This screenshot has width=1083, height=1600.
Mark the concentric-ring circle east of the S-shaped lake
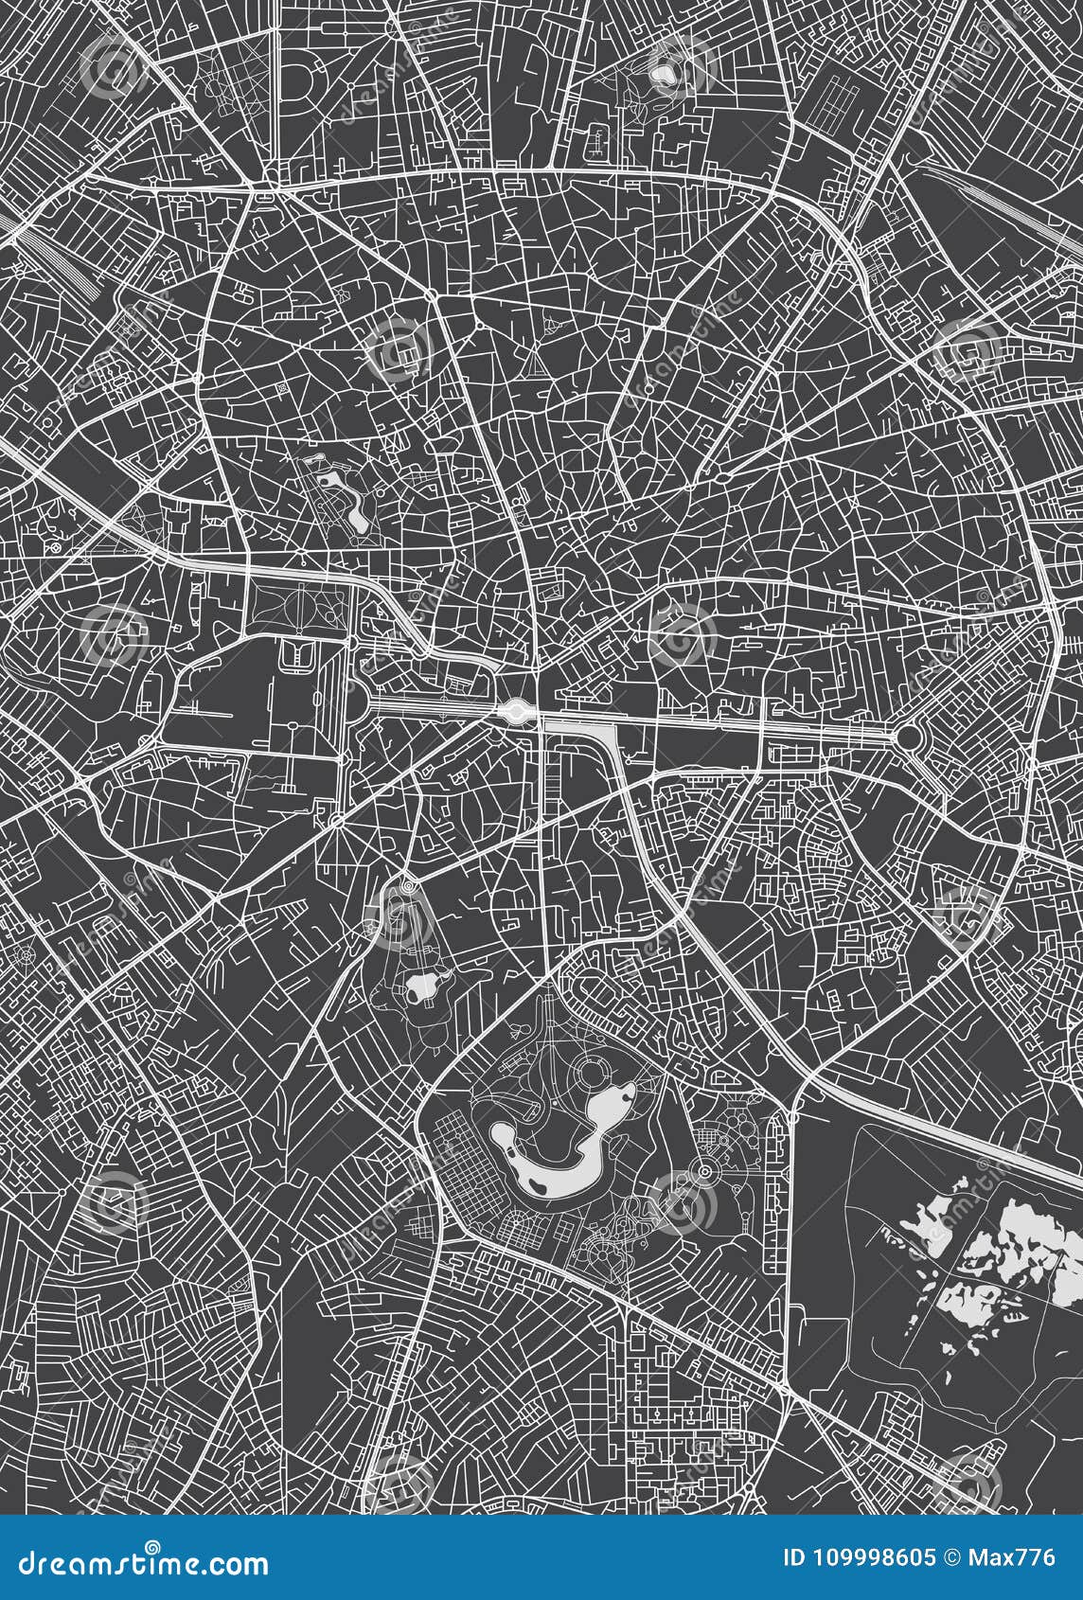(x=705, y=1172)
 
